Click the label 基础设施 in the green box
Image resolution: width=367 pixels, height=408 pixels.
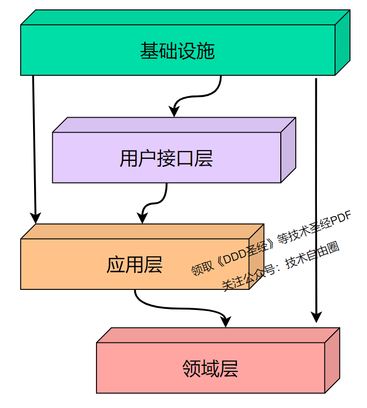click(177, 51)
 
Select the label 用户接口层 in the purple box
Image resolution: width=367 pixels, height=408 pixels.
click(166, 158)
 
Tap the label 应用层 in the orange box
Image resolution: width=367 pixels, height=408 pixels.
click(134, 265)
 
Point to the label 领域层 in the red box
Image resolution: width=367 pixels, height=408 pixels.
click(210, 368)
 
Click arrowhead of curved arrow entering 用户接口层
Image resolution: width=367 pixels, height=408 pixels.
click(174, 112)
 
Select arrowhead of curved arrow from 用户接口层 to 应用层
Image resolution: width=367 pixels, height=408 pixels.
click(142, 219)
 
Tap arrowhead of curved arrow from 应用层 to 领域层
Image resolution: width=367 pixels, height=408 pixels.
click(226, 322)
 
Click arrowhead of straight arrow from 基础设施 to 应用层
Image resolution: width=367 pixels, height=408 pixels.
click(35, 218)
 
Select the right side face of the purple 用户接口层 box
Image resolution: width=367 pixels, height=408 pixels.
click(288, 150)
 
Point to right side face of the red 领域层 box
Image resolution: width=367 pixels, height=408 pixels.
click(332, 361)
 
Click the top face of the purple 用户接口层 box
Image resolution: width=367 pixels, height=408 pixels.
click(174, 125)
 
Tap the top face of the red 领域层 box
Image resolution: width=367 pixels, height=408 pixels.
click(218, 335)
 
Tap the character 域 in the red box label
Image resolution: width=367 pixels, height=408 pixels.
click(210, 368)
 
